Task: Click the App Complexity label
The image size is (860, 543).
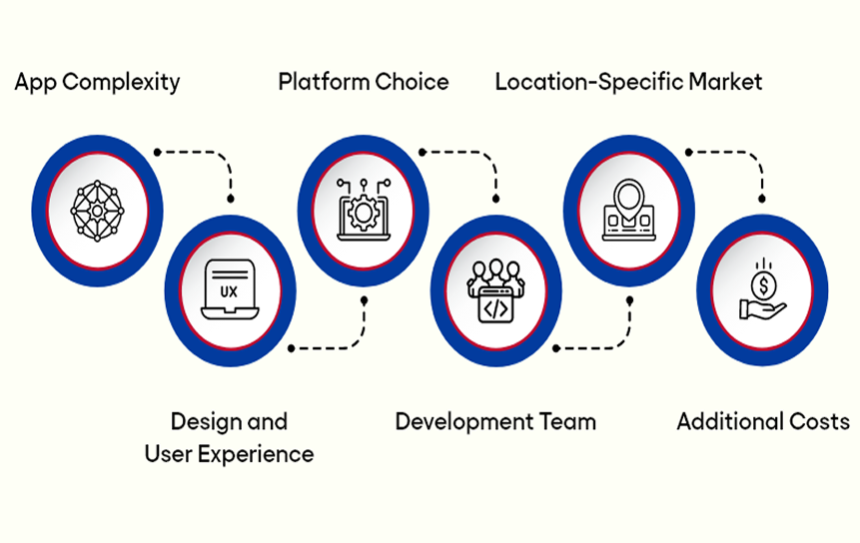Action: (x=97, y=82)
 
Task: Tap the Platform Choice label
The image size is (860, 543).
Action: (x=364, y=82)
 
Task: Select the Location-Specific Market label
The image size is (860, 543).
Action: (x=628, y=82)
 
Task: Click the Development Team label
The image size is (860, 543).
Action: (x=495, y=421)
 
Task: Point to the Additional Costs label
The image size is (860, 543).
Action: (x=763, y=421)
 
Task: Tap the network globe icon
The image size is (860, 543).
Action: (x=97, y=210)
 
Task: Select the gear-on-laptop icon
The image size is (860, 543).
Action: (x=363, y=210)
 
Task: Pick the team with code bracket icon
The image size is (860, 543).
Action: (x=495, y=290)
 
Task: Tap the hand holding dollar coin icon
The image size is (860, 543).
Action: (x=762, y=290)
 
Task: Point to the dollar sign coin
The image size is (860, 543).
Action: (x=764, y=286)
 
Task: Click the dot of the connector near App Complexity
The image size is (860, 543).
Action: (x=157, y=152)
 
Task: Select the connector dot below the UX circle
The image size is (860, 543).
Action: (x=291, y=348)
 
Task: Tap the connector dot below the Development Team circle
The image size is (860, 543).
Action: (x=556, y=348)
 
